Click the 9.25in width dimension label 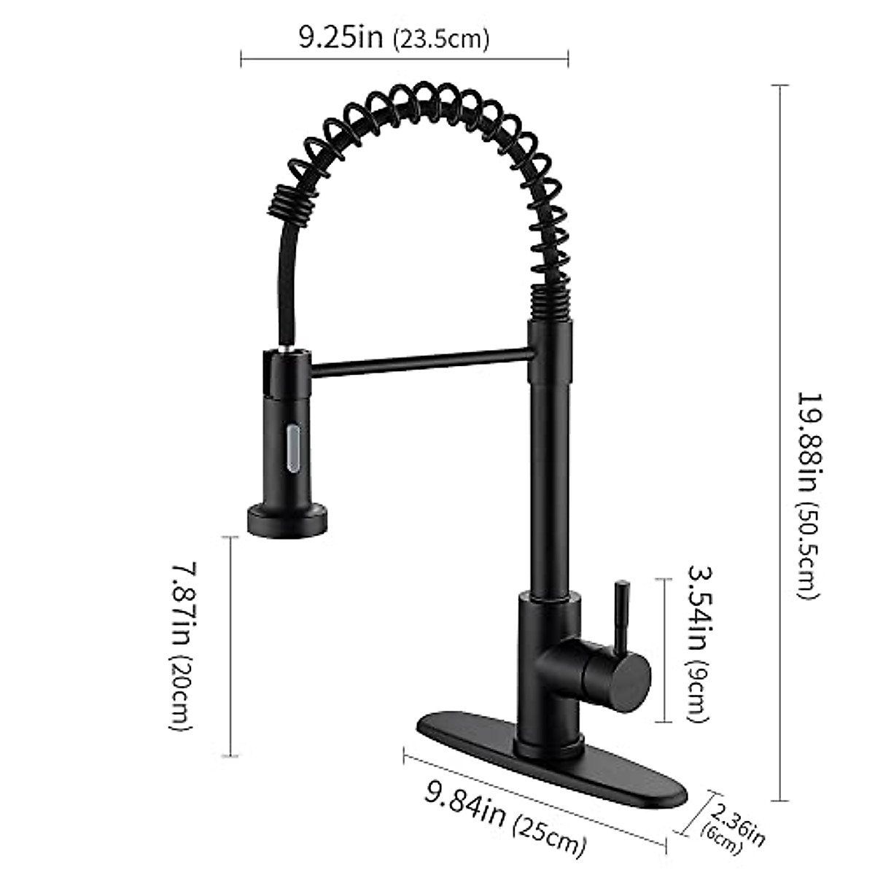(x=340, y=36)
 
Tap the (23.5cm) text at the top (x=440, y=39)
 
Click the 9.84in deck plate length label (x=464, y=804)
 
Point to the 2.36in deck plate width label (x=738, y=823)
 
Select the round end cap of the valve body (x=630, y=677)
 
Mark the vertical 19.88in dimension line (x=781, y=292)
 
